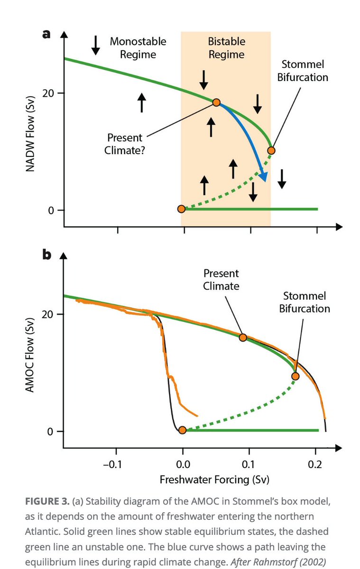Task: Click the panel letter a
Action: pyautogui.click(x=46, y=34)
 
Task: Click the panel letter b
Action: pyautogui.click(x=46, y=255)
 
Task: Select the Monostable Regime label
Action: pyautogui.click(x=138, y=48)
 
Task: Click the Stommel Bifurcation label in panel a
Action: pyautogui.click(x=303, y=71)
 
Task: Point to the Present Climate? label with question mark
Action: pyautogui.click(x=124, y=144)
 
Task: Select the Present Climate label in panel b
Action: pyautogui.click(x=221, y=280)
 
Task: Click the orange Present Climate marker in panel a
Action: pyautogui.click(x=216, y=102)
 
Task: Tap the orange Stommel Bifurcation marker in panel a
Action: pyautogui.click(x=271, y=151)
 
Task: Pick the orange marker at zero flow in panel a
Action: pyautogui.click(x=181, y=209)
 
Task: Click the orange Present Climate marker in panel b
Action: pyautogui.click(x=243, y=338)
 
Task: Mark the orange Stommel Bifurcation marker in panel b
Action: pyautogui.click(x=295, y=376)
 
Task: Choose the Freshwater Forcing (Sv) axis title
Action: pyautogui.click(x=214, y=479)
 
